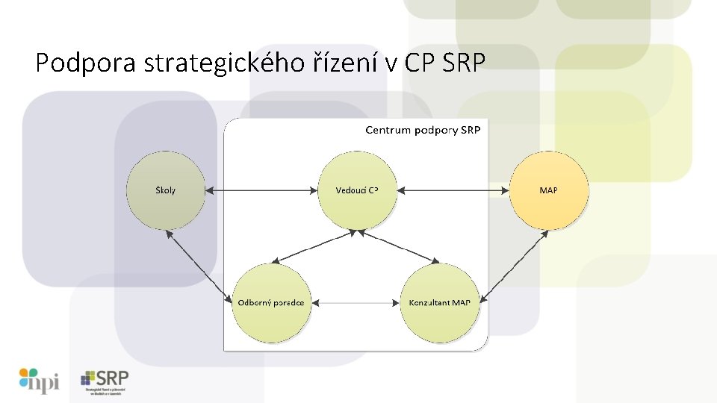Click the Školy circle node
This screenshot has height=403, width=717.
(x=166, y=190)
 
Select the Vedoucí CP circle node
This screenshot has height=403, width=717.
(x=357, y=190)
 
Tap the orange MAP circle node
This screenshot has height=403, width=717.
(x=548, y=190)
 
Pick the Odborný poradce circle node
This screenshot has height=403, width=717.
(x=270, y=302)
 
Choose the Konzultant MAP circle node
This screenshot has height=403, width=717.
(x=439, y=302)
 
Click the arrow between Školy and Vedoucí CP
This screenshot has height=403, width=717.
(x=261, y=190)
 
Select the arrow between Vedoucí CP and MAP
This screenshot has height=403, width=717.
(x=453, y=190)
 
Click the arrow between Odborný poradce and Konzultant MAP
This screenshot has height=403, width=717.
(x=355, y=303)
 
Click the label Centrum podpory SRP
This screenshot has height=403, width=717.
(x=423, y=131)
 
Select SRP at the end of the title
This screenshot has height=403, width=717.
(x=463, y=63)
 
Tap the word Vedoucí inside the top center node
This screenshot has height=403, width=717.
(x=350, y=190)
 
